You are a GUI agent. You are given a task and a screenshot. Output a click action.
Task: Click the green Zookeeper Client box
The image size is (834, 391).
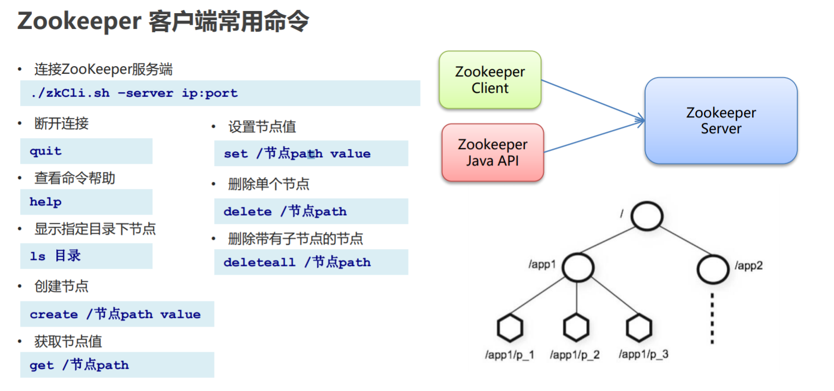coord(490,80)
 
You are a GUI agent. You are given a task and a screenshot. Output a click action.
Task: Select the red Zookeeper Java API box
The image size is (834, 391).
coord(493,152)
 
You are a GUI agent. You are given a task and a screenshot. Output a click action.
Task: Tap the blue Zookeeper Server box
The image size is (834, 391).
coord(721,121)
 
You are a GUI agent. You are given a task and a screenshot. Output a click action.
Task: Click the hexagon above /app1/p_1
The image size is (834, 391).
coord(511,328)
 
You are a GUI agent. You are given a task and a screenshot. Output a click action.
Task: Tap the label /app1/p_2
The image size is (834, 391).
coord(575,355)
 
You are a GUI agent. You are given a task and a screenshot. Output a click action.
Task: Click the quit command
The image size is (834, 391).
coord(45,151)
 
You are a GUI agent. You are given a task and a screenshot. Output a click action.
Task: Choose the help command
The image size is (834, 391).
coord(45,202)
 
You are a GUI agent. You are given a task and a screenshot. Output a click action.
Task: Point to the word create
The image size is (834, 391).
coord(54,315)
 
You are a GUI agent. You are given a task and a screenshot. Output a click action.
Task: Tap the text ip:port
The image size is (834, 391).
coord(210,93)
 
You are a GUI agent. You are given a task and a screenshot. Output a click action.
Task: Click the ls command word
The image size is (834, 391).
coord(37,256)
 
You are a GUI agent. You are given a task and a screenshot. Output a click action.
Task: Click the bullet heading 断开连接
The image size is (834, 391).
coord(61,124)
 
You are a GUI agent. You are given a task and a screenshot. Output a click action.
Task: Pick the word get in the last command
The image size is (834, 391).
coord(42,365)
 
